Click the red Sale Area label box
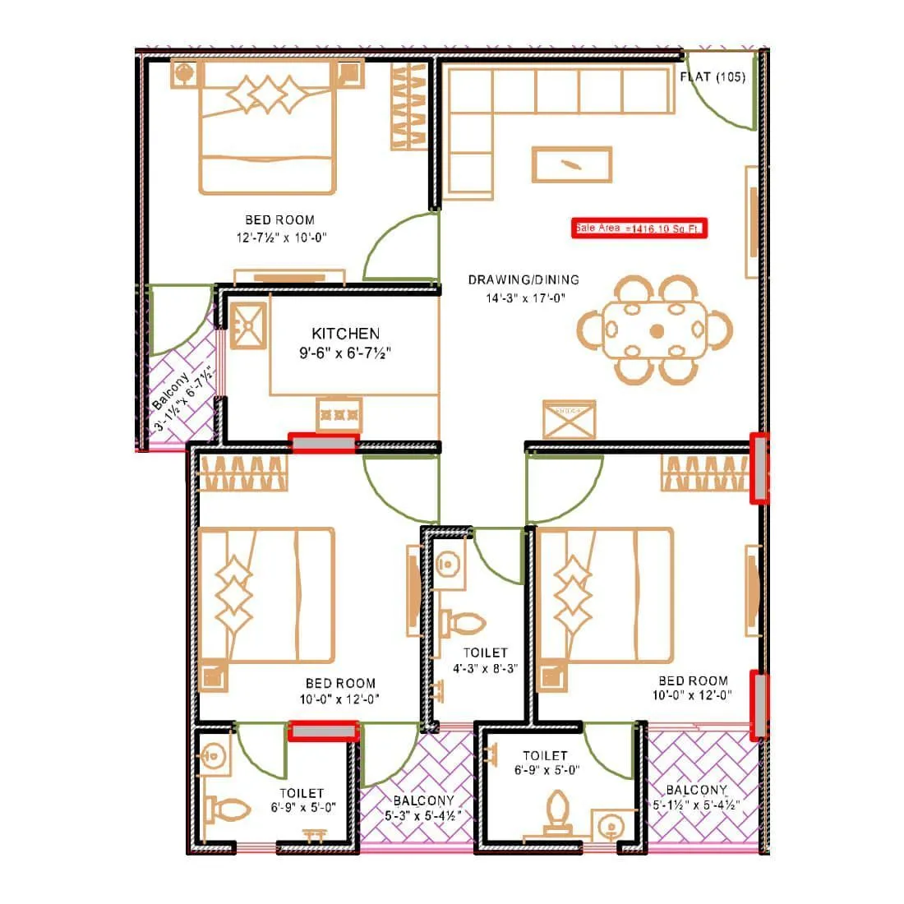tap(639, 228)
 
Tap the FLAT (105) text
tap(713, 77)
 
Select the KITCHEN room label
tap(345, 334)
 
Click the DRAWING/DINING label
tap(523, 280)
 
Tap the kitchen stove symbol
tap(339, 412)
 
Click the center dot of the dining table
tap(657, 331)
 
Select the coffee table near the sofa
tap(572, 164)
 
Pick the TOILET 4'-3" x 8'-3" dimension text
tap(485, 669)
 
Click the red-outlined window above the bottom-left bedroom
tap(324, 444)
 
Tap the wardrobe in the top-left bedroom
tap(408, 107)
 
